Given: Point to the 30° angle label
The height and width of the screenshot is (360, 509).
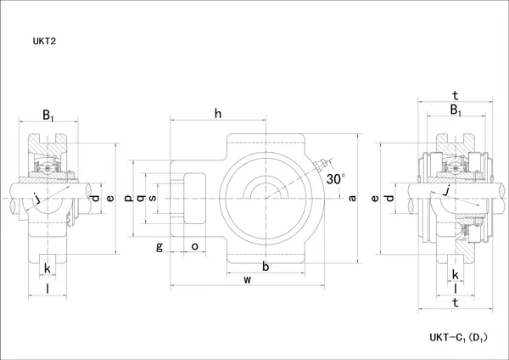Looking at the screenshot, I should point(336,179).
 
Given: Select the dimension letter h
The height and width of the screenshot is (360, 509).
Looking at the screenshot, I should point(218,114).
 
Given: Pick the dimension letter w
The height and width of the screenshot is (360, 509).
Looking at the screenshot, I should point(248,279).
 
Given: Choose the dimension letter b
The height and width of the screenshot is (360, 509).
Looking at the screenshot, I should point(266,267).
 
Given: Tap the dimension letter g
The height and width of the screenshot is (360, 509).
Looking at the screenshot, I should point(159,246).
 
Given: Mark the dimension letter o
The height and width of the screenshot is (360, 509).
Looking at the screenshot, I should point(194,246).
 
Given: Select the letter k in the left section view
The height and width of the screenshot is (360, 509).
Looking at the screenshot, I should point(47,269).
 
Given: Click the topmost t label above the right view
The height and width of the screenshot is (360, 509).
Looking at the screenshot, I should point(456,95).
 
